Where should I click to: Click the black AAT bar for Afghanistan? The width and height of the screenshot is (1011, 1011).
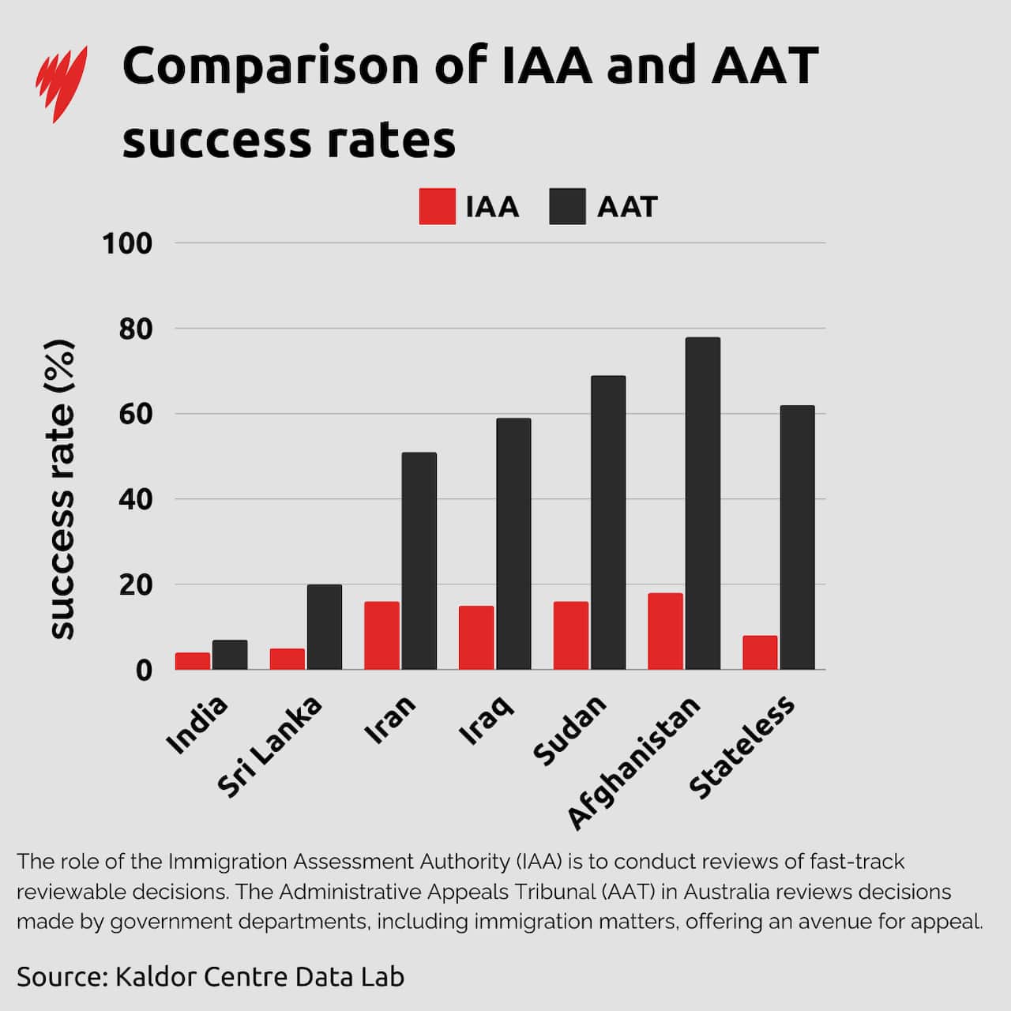[x=703, y=503]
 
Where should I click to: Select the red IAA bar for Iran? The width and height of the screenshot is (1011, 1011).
[x=381, y=635]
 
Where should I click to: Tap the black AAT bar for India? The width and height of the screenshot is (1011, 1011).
[x=230, y=655]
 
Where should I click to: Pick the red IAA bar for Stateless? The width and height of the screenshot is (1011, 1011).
[x=760, y=652]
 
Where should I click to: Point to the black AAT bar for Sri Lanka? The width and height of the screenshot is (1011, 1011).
[x=325, y=627]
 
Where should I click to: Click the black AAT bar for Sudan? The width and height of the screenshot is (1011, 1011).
[x=608, y=522]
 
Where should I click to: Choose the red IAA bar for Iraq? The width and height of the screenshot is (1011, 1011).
[x=476, y=637]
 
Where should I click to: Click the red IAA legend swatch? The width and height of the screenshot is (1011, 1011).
[x=437, y=207]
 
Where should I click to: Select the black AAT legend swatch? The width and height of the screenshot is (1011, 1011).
[x=567, y=207]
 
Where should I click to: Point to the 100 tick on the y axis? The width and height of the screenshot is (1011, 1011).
[x=127, y=243]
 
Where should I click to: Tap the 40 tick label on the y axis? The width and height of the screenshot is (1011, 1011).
[x=135, y=499]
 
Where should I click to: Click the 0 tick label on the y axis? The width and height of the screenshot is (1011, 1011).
[x=144, y=670]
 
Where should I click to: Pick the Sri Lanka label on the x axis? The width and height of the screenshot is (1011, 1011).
[x=270, y=746]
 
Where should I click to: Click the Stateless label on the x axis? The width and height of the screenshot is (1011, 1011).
[x=742, y=746]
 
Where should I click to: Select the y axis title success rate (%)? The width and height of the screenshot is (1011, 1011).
[x=61, y=490]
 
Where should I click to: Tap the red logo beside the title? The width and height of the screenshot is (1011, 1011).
[x=61, y=82]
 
